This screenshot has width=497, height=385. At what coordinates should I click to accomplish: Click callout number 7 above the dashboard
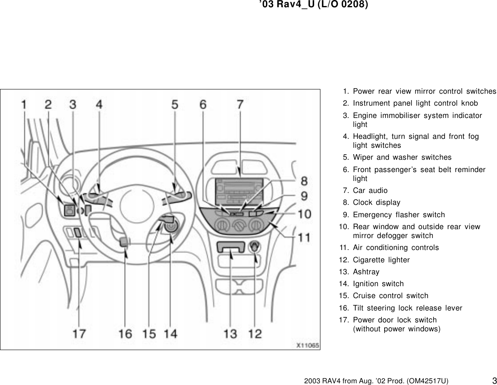240,104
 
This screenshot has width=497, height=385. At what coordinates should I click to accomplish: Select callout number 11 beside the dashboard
304,237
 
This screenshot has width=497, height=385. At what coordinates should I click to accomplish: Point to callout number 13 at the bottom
231,333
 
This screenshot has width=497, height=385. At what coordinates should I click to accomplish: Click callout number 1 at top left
25,104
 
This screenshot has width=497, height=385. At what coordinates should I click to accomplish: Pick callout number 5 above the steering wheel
175,104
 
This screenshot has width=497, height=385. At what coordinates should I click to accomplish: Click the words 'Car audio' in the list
370,190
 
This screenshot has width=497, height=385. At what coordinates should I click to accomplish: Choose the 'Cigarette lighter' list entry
381,260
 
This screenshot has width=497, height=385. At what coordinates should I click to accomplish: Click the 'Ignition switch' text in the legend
378,284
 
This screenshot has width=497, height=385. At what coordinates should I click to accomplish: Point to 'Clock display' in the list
376,203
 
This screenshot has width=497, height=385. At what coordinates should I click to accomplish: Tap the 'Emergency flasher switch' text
399,215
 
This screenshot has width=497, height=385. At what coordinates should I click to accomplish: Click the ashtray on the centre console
230,247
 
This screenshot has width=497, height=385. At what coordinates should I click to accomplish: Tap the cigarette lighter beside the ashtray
255,246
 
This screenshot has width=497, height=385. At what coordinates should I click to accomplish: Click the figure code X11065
307,345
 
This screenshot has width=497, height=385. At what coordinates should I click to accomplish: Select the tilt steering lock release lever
124,242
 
